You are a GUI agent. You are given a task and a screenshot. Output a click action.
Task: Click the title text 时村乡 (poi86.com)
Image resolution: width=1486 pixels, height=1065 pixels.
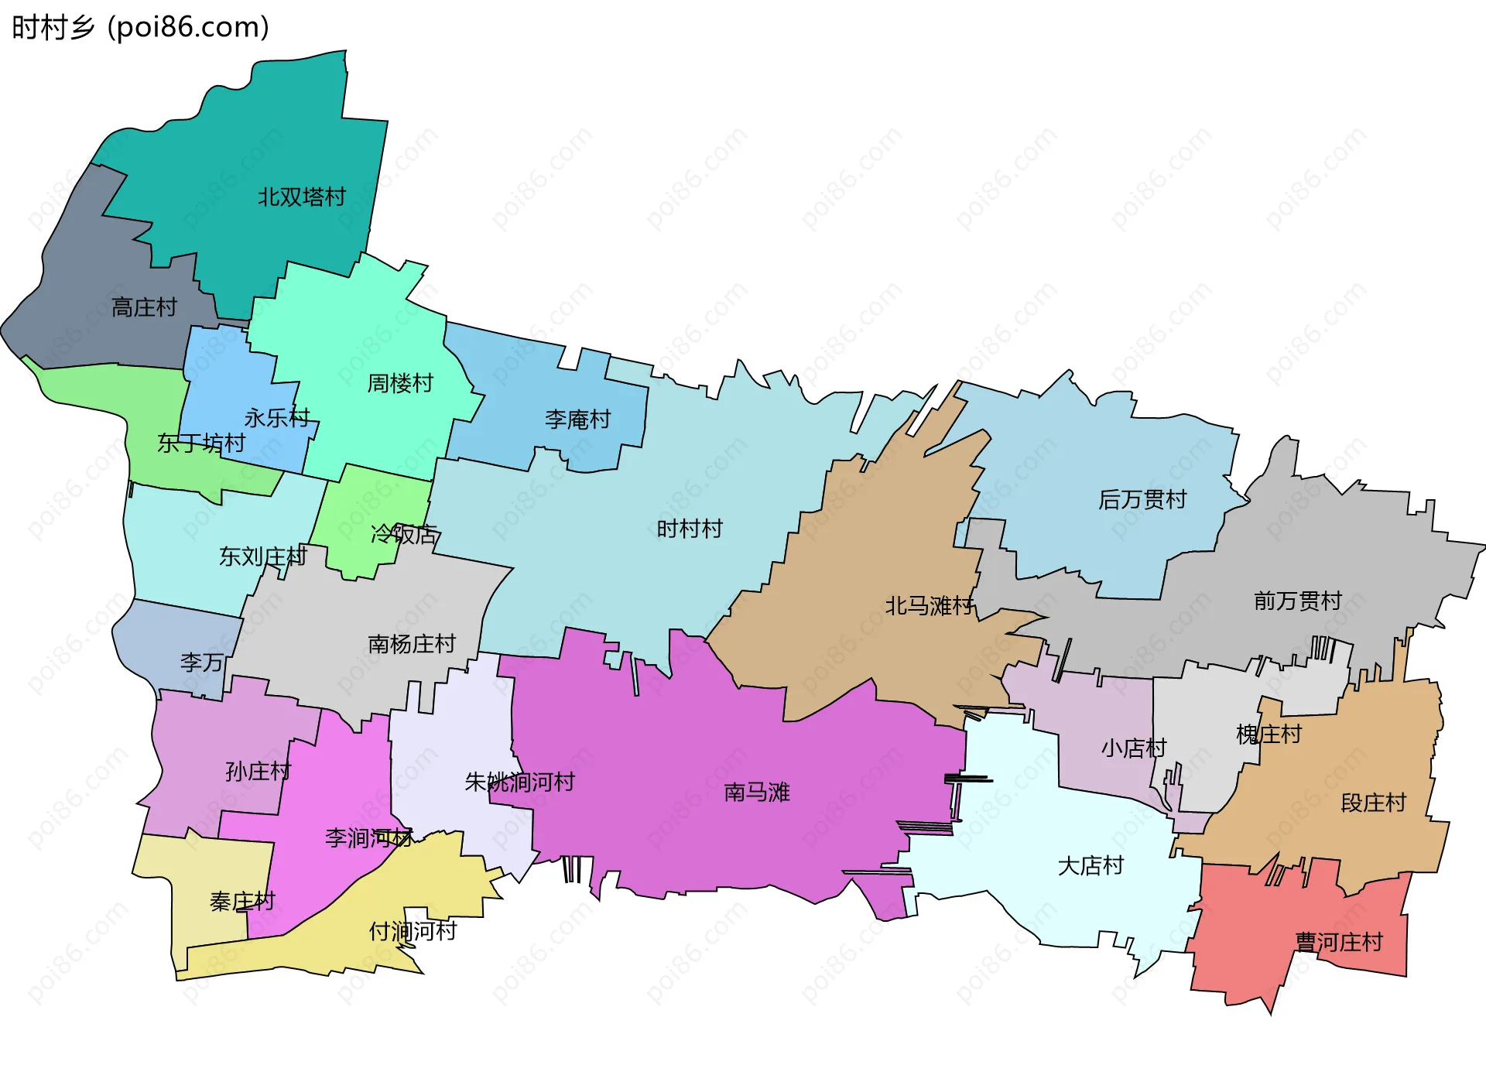[x=140, y=27]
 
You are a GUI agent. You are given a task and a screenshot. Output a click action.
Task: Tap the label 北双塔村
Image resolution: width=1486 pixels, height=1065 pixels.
[x=301, y=197]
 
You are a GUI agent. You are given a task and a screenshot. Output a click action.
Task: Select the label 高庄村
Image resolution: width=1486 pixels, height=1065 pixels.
[x=144, y=307]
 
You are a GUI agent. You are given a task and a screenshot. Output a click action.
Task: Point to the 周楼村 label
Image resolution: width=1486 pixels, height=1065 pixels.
[x=399, y=383]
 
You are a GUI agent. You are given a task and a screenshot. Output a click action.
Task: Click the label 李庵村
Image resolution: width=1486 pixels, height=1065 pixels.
[x=577, y=419]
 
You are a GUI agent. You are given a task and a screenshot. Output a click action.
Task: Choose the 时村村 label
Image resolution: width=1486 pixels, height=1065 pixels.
[x=689, y=529]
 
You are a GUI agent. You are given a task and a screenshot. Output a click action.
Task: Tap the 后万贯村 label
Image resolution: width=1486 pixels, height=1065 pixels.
[x=1142, y=499]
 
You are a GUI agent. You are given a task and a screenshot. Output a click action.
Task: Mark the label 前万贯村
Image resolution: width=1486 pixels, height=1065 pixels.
[x=1297, y=601]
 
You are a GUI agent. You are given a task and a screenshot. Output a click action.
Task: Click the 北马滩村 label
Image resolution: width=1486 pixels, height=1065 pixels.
[x=929, y=605]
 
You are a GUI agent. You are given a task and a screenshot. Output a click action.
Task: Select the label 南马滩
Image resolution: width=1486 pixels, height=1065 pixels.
[x=756, y=792]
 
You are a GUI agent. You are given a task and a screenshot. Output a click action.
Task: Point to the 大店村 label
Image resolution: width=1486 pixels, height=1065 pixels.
[x=1090, y=865]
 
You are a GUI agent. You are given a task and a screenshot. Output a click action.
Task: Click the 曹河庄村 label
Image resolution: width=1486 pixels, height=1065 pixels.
[x=1338, y=942]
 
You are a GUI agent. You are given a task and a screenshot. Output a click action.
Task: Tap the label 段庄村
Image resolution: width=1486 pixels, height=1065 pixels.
[x=1373, y=803]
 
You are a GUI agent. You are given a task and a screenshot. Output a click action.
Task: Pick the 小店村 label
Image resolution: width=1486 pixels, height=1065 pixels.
[x=1133, y=748]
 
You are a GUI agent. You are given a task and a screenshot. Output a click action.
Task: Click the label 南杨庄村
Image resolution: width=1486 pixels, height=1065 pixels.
[x=411, y=644]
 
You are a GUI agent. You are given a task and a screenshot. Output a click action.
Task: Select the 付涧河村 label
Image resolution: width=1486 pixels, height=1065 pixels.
[x=413, y=930]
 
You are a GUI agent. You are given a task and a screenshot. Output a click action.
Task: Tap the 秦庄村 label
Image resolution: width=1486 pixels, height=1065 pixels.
[x=242, y=901]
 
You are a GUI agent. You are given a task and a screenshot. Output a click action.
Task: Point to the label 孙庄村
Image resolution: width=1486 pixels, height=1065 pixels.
[x=258, y=771]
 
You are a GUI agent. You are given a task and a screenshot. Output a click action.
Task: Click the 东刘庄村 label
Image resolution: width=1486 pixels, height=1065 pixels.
[x=262, y=556]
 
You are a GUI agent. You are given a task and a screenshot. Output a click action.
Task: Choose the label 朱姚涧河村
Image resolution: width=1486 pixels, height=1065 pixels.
[x=519, y=782]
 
